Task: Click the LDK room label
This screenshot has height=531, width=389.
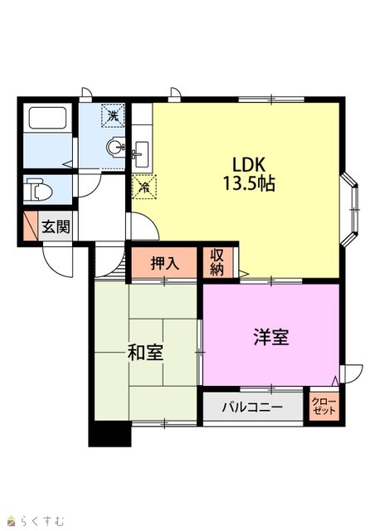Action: [248, 164]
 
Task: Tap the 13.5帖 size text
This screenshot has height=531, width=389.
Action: [249, 183]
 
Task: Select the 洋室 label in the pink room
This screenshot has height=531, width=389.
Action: [271, 337]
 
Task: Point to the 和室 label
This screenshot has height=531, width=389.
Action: [146, 353]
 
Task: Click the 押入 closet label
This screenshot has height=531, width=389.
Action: [164, 263]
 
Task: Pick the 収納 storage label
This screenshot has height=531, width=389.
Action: [217, 262]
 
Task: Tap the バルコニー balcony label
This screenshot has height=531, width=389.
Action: [252, 407]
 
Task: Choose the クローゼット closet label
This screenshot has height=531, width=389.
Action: [324, 407]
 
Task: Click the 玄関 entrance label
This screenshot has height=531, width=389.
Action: [56, 227]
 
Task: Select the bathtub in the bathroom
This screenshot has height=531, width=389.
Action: [47, 118]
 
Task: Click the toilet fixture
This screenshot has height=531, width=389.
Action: [39, 190]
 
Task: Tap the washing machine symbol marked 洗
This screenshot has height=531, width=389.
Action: [114, 115]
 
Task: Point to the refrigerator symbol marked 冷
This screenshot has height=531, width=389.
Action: [144, 187]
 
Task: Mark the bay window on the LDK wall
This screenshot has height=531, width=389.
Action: [349, 209]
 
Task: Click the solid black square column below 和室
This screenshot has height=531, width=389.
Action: [109, 434]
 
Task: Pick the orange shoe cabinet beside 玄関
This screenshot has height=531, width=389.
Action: [31, 227]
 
